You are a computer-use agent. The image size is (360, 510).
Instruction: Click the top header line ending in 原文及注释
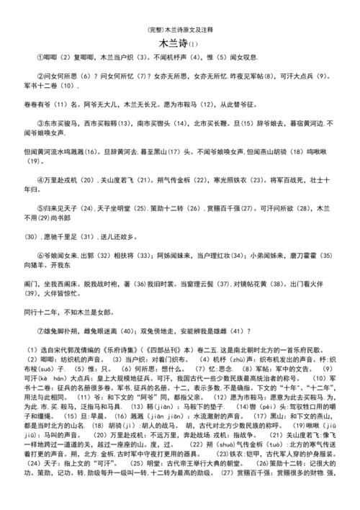click(x=179, y=30)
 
